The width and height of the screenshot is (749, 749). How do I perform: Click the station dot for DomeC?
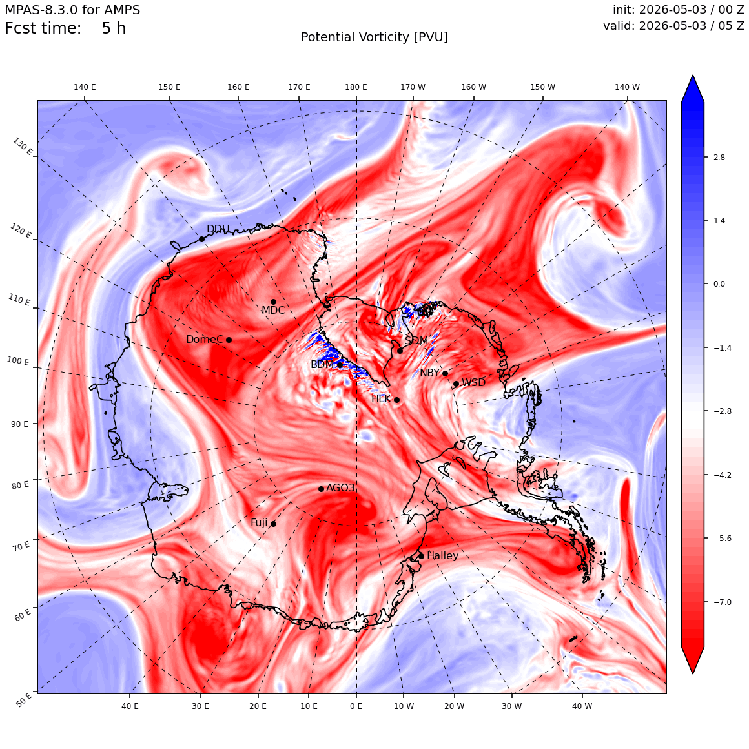tap(229, 340)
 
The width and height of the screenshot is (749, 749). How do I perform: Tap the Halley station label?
tap(442, 555)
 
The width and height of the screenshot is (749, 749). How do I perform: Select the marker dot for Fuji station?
tap(273, 524)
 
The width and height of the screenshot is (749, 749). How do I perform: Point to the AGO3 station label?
tap(340, 487)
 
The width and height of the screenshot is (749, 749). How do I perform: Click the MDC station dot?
tap(273, 302)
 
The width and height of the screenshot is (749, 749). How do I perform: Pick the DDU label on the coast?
tap(218, 229)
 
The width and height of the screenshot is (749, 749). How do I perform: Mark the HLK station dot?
tap(396, 400)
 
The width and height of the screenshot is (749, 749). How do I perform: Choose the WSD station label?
tap(473, 382)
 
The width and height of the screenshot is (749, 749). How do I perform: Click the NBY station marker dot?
tap(445, 374)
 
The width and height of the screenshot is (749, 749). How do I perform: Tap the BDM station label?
tap(322, 364)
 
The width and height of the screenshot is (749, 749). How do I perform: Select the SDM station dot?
tap(400, 351)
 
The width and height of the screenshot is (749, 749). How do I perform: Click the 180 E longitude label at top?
tap(356, 87)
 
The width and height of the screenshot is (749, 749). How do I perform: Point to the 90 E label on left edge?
tap(19, 424)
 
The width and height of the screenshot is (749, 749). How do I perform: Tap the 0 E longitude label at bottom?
tap(356, 706)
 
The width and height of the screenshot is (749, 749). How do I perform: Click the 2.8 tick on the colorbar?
tap(719, 157)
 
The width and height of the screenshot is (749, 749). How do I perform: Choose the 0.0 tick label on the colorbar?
tap(719, 283)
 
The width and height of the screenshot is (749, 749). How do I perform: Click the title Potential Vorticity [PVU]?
tap(374, 37)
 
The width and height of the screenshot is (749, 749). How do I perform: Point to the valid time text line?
tap(673, 25)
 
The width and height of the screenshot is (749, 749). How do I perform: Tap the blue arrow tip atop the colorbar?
tap(693, 76)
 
